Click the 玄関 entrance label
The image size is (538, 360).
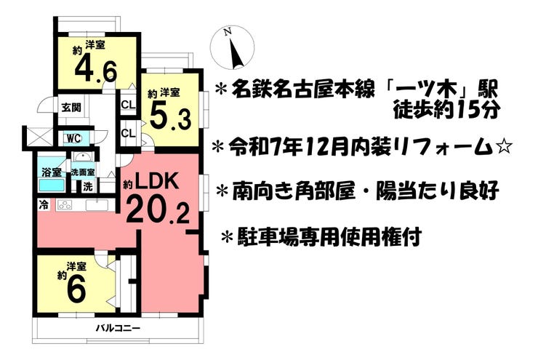(71, 108)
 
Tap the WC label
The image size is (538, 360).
(73, 139)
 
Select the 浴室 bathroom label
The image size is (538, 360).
(51, 172)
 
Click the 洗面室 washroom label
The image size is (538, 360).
(83, 172)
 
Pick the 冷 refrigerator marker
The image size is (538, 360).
(43, 205)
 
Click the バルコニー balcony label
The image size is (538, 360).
(118, 329)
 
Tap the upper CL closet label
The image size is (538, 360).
(129, 104)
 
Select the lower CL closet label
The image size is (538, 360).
(129, 133)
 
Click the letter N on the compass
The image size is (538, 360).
(227, 32)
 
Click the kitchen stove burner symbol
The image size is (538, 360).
(65, 205)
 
